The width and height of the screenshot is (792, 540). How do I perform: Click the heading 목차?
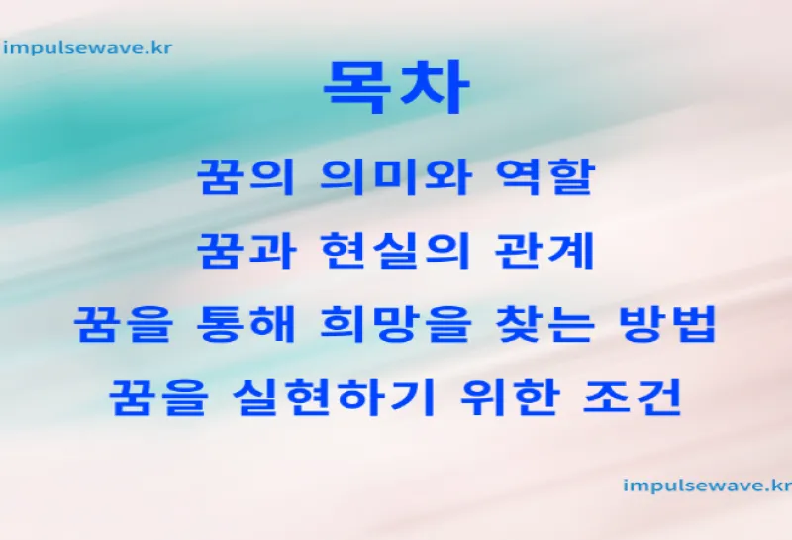pos(397,88)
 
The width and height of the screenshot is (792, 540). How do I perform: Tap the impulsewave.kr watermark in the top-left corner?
pos(87,48)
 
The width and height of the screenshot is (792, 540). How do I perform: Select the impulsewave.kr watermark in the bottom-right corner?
pos(707,486)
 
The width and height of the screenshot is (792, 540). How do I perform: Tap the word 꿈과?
pos(246,251)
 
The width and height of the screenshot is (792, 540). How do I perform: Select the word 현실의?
pos(396,251)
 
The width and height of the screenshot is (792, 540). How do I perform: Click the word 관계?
pos(544,251)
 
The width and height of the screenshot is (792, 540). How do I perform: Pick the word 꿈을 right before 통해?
pos(123,324)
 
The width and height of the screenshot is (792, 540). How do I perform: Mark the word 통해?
pos(246,324)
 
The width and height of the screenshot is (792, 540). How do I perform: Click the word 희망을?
pos(396,324)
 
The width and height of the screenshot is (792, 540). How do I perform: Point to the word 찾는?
pos(544,324)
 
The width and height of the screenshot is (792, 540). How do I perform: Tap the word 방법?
pos(667,324)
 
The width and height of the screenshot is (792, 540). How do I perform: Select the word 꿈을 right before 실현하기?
pos(158,397)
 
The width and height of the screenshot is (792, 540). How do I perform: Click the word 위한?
pos(509,397)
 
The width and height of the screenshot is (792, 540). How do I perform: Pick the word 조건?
pos(633,397)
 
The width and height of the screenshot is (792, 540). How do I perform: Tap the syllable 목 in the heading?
pos(357,88)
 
